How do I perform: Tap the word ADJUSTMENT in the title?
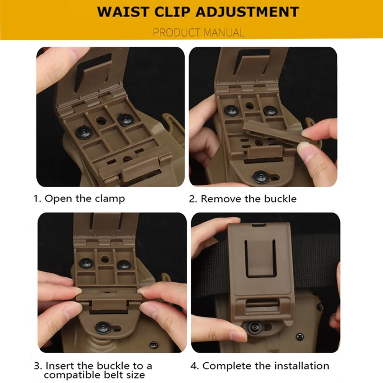247,12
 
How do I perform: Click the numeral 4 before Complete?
193,366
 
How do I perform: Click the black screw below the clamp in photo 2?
260,177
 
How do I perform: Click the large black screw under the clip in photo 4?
255,327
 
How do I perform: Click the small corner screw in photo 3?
154,345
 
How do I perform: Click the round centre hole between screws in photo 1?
100,120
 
